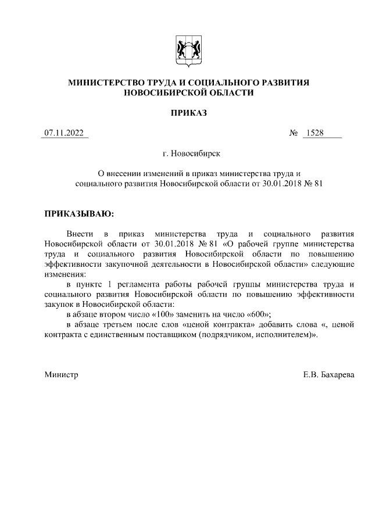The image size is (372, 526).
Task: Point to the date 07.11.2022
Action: point(65,133)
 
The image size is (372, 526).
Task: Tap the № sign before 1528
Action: point(294,133)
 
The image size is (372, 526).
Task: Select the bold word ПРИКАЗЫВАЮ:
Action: point(80,214)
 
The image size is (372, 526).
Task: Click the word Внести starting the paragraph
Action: point(80,233)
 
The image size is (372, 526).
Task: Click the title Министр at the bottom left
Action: point(62,375)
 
